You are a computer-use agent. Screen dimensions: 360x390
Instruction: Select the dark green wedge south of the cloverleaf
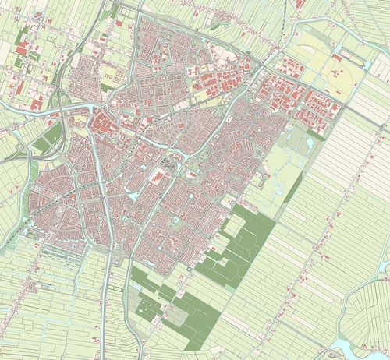[49, 139]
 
